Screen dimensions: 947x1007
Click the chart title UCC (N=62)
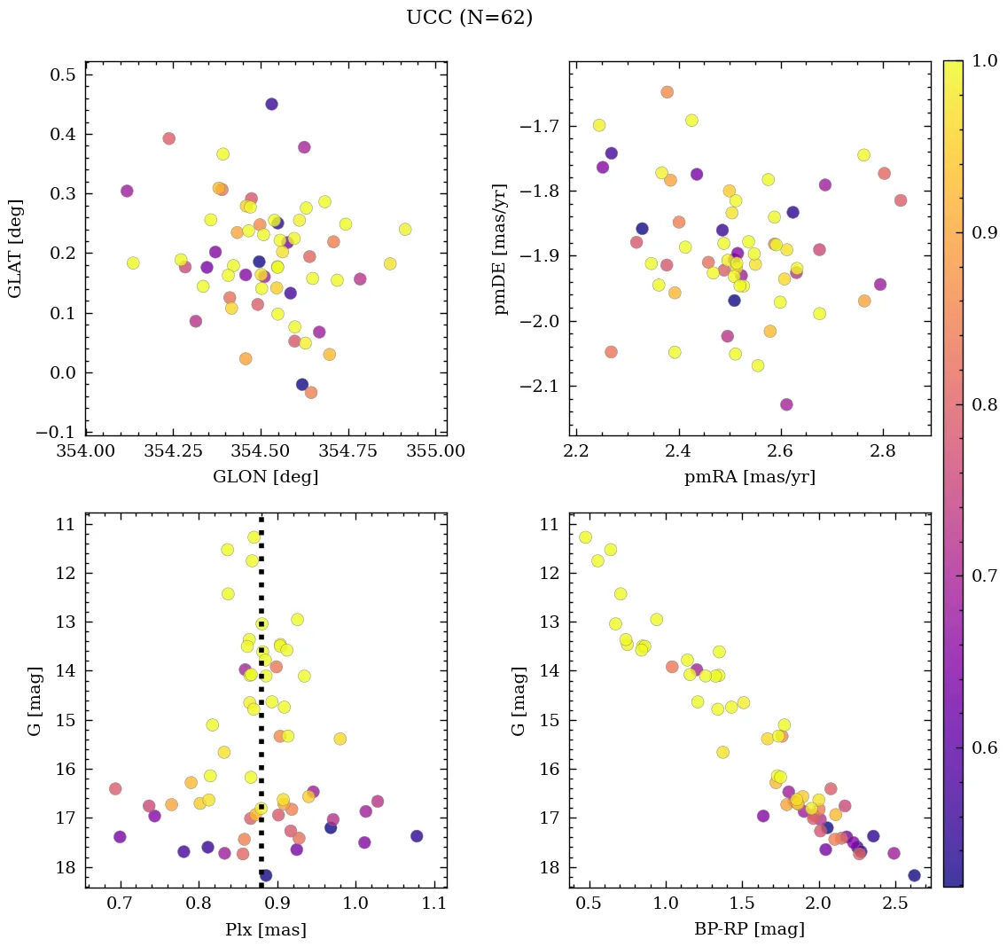point(469,18)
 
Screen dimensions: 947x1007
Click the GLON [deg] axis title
point(265,477)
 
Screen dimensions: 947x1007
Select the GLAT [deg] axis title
point(16,248)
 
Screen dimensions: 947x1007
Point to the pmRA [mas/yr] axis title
point(749,477)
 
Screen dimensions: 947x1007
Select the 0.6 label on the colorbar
point(985,747)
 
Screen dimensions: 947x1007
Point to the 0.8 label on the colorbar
point(985,405)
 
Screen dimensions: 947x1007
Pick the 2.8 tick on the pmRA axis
point(883,451)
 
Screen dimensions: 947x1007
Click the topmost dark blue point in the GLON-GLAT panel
point(271,104)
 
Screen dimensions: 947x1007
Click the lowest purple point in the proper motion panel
point(785,404)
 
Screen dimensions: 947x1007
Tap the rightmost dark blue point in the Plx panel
point(417,835)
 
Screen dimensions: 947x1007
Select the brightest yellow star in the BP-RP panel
point(585,537)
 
